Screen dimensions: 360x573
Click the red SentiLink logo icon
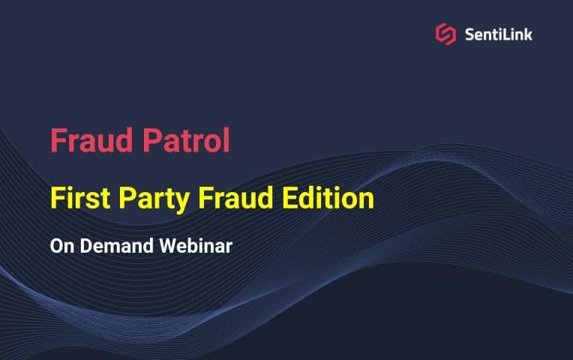click(x=445, y=34)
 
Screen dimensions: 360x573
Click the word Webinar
click(x=196, y=246)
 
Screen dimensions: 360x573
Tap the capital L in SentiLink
click(x=505, y=34)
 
